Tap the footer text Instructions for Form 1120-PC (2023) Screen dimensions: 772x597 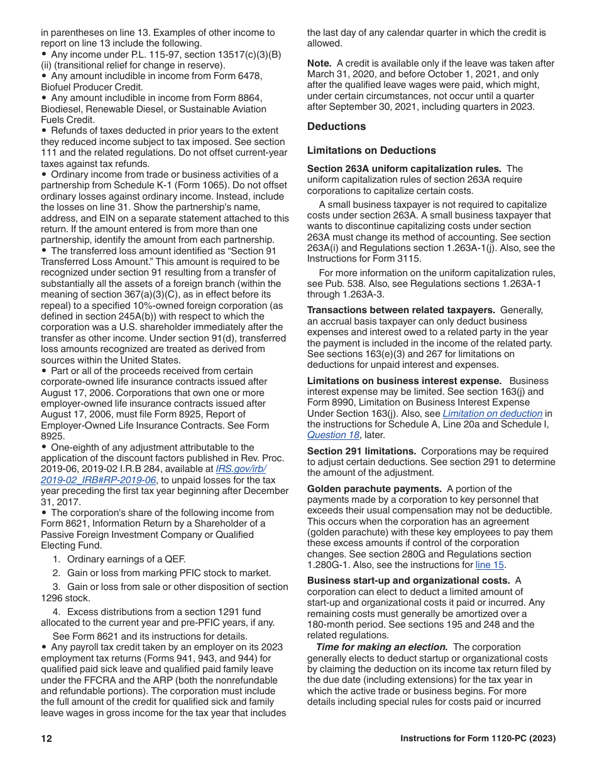478,739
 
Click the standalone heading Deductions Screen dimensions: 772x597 336,127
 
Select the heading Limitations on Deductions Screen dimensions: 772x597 371,151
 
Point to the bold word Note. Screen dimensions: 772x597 319,63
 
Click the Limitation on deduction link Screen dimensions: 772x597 492,414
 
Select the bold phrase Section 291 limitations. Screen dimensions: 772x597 361,451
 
